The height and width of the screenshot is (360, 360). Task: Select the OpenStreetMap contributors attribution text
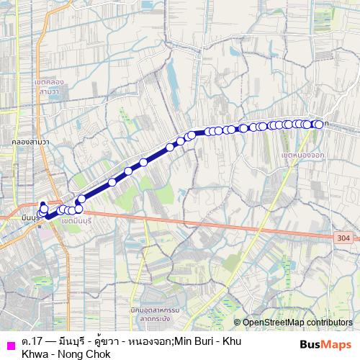coord(298,323)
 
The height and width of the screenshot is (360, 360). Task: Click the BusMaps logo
coord(325,344)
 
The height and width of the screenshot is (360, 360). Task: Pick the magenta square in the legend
coord(10,344)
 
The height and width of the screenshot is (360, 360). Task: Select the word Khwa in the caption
coord(36,352)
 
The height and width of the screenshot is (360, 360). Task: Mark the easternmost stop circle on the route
coord(319,125)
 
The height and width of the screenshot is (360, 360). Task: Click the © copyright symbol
coord(237,323)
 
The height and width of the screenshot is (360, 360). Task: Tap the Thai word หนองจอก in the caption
coord(148,339)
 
